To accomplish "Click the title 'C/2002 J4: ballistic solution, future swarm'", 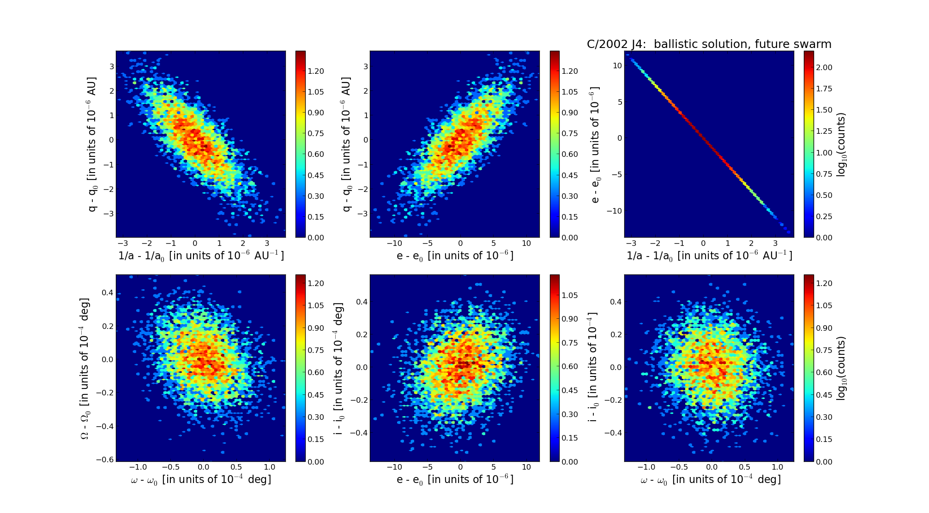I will (x=709, y=44).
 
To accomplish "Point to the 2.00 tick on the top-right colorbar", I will (x=824, y=67).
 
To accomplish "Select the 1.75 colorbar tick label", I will (x=824, y=89).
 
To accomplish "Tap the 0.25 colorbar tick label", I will (x=824, y=216).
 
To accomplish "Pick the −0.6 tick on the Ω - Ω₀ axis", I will (x=105, y=459).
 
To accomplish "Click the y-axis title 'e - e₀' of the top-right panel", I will (x=595, y=145).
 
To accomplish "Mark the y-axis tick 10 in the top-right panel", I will (x=617, y=66).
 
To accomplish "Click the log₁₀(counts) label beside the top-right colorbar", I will (x=841, y=145).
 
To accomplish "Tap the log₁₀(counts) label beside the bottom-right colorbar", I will (x=841, y=368).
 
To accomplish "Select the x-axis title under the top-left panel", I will (x=201, y=256).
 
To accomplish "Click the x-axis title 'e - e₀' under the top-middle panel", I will (x=455, y=256).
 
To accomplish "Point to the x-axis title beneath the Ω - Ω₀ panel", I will (x=201, y=480).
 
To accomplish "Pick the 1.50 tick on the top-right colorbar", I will (x=824, y=110).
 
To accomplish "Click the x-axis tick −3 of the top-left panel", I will (x=123, y=244).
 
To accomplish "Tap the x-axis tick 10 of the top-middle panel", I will (x=526, y=244).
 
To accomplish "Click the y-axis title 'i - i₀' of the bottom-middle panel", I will (x=339, y=369).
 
